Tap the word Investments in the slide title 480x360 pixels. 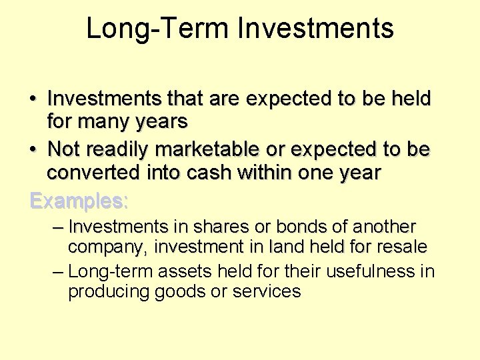316,29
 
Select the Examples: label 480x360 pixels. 79,201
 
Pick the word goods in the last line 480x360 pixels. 184,292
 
